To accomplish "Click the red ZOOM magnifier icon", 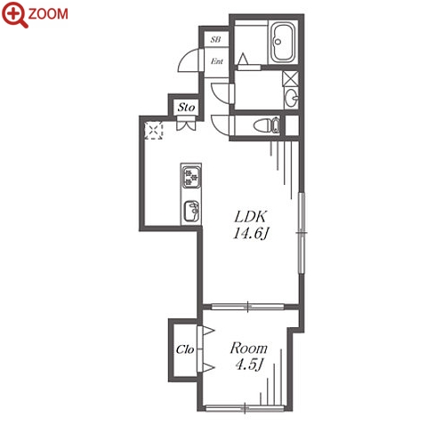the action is coord(14,15).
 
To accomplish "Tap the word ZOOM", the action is coord(48,14).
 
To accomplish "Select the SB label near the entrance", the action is coord(215,39).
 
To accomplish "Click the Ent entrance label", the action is coord(217,61).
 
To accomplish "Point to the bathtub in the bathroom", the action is coord(283,42).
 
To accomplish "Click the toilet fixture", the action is coord(267,125).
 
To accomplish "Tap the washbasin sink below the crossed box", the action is coord(292,98).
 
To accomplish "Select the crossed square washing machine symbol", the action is coord(290,78).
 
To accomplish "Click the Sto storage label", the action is coord(186,108).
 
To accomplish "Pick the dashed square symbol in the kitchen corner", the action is coord(154,130).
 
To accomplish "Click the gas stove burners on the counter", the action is coord(191,177).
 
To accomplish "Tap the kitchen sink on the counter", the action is coord(191,211).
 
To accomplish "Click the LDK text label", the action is coord(251,217).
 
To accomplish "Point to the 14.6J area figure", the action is coord(251,233).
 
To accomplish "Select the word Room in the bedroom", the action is coord(248,349).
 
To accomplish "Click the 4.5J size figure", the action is coord(249,364).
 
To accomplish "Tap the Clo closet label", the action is coord(185,349).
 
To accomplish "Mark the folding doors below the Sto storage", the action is coord(186,124).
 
